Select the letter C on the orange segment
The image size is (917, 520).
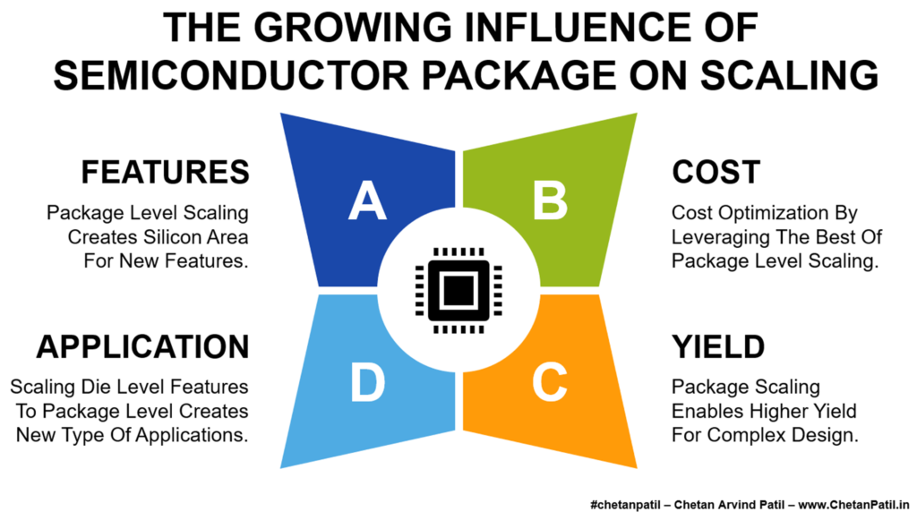[550, 382]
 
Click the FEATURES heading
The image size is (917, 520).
[165, 172]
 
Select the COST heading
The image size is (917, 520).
[716, 172]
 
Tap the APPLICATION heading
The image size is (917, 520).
[142, 346]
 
